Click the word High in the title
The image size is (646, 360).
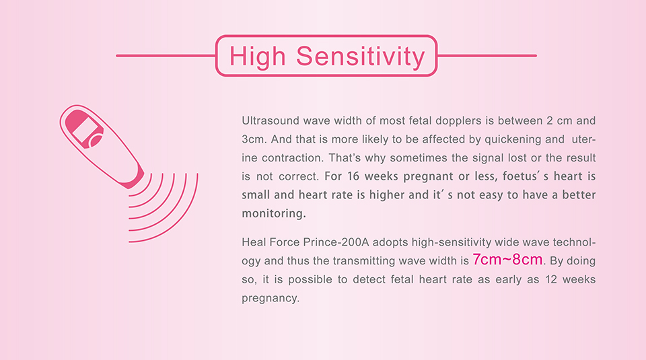tap(258, 56)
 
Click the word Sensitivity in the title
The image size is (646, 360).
tap(361, 57)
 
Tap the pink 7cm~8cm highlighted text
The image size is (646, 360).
tap(507, 260)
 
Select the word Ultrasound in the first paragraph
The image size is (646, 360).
tap(271, 120)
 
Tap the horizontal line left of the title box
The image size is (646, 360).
tap(166, 56)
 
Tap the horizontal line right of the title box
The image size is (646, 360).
tap(487, 56)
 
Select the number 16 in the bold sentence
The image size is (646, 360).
tap(353, 176)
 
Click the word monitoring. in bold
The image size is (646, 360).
tap(274, 213)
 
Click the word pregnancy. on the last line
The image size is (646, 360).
tap(271, 299)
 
